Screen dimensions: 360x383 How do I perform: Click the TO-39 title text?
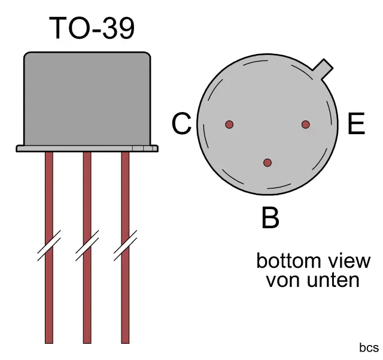(92, 28)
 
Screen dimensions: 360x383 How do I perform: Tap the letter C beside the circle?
(181, 125)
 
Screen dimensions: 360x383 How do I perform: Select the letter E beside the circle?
(355, 125)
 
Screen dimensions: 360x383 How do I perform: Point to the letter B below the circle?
(270, 218)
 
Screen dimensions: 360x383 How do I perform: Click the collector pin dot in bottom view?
(229, 125)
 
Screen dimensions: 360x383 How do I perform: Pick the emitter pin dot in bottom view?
(305, 125)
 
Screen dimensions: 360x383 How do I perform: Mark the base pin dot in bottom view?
(268, 162)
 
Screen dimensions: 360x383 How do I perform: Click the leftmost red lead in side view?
(49, 198)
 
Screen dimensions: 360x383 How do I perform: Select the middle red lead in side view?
(87, 198)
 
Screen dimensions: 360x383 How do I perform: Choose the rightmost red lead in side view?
(125, 198)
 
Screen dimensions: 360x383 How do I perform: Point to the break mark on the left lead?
(49, 246)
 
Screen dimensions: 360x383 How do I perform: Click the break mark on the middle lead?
(87, 246)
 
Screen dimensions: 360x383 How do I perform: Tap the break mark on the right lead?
(125, 246)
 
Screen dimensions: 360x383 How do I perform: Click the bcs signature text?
(369, 347)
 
